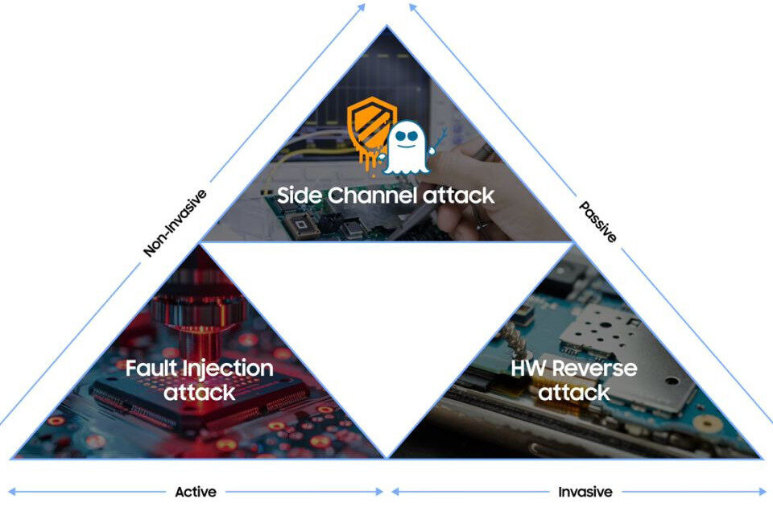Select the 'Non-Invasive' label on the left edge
coord(174,223)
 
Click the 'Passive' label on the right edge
coord(598,222)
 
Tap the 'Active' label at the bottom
coord(195,492)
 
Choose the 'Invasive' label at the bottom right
coord(585,492)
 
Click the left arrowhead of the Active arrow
coord(12,492)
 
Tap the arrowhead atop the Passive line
coord(412,7)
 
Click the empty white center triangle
coord(386,322)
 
